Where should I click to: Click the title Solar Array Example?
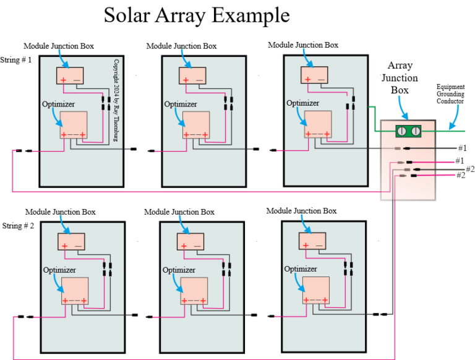point(196,15)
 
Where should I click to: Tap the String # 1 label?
point(18,59)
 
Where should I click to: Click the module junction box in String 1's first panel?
point(71,75)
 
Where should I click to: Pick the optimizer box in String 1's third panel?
point(317,124)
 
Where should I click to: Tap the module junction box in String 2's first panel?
point(72,241)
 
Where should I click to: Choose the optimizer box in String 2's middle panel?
point(194,291)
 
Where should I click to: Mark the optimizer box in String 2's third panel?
point(315,291)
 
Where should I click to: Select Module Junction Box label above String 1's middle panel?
point(181,46)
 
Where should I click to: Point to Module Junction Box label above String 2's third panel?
point(301,212)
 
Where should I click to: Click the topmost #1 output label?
point(461,148)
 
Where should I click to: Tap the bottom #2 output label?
point(460,176)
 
